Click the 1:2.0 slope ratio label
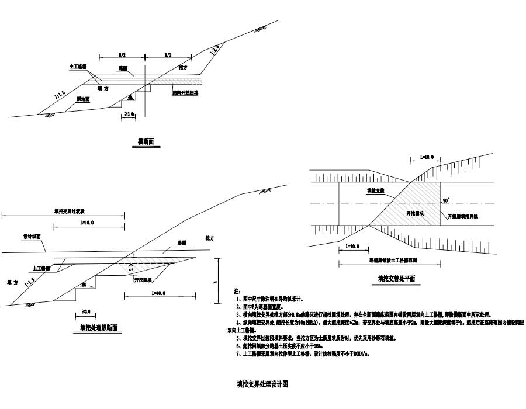click(x=215, y=50)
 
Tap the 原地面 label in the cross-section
click(x=86, y=99)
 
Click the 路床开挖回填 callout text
click(x=186, y=92)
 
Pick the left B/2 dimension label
click(x=122, y=55)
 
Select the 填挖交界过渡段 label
click(x=69, y=213)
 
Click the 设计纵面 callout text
click(x=32, y=237)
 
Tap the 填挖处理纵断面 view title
click(x=99, y=328)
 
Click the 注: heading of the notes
click(x=237, y=290)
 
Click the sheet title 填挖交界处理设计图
click(x=262, y=384)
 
